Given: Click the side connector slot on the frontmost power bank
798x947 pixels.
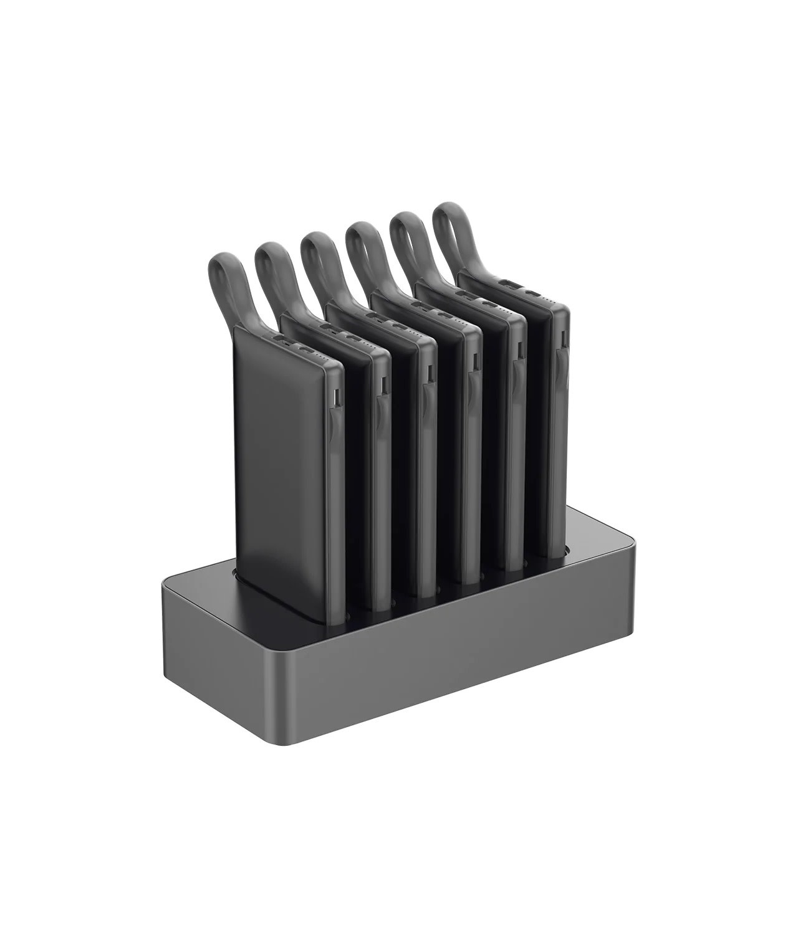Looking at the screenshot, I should pyautogui.click(x=337, y=396).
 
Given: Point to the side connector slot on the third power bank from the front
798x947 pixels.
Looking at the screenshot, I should pyautogui.click(x=429, y=373).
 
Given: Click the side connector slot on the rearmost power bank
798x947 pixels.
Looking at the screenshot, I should pyautogui.click(x=560, y=340).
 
